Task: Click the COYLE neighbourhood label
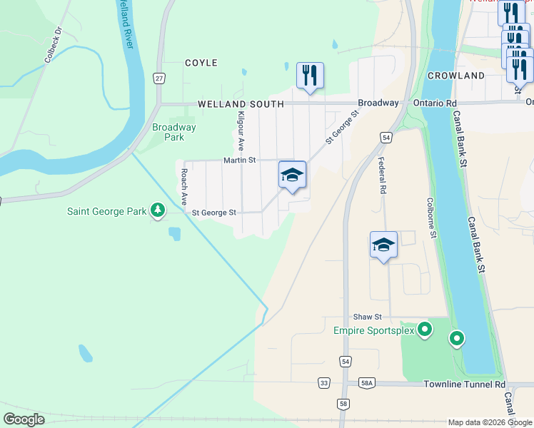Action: tap(201, 63)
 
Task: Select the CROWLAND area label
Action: tap(456, 76)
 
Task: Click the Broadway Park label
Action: tap(174, 132)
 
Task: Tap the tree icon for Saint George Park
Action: tap(157, 210)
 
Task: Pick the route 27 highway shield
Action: tap(159, 78)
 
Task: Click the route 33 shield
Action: tap(325, 383)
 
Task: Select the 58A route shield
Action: tap(366, 383)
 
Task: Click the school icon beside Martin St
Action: tap(292, 175)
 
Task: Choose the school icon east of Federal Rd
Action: tap(383, 245)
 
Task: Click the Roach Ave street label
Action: tap(184, 183)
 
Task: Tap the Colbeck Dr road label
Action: tap(54, 44)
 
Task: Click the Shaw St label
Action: tap(368, 317)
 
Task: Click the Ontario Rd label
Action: tap(434, 103)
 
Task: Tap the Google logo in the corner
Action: tap(24, 419)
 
